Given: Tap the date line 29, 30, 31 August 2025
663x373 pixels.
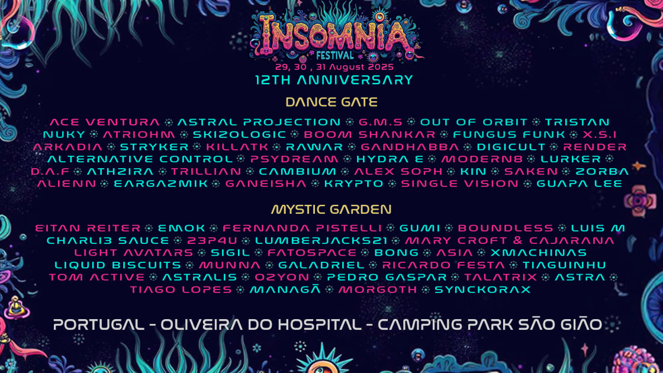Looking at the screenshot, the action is (x=334, y=67).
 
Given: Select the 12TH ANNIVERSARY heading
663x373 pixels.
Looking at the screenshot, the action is (x=334, y=80).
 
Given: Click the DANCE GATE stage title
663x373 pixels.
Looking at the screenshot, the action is (x=331, y=102).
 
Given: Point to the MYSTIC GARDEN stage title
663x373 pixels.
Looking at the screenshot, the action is (x=331, y=210).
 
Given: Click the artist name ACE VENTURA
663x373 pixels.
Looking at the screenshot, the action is (x=105, y=122).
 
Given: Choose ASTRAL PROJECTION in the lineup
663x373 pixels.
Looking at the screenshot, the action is (x=259, y=122).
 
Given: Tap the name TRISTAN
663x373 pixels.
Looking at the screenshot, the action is (x=577, y=122).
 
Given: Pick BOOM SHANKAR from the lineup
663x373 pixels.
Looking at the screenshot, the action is (x=369, y=134).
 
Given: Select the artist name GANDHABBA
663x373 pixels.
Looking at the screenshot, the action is (x=410, y=147).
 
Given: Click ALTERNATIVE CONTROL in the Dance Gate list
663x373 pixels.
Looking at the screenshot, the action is (x=140, y=159).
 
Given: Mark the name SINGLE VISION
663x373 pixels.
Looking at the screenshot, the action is (x=459, y=184).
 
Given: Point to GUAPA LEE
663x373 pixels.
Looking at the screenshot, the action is (x=580, y=184).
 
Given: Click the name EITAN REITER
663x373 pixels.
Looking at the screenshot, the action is (x=88, y=228).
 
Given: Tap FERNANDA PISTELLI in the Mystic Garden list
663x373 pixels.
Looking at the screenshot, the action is (x=302, y=228).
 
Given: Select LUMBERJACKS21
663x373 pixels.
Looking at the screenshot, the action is (x=321, y=240).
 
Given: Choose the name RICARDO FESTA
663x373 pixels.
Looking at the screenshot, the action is (x=443, y=265).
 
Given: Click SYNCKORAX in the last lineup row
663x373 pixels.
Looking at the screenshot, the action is (x=482, y=290).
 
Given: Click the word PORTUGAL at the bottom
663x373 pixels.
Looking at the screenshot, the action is (x=98, y=324).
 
